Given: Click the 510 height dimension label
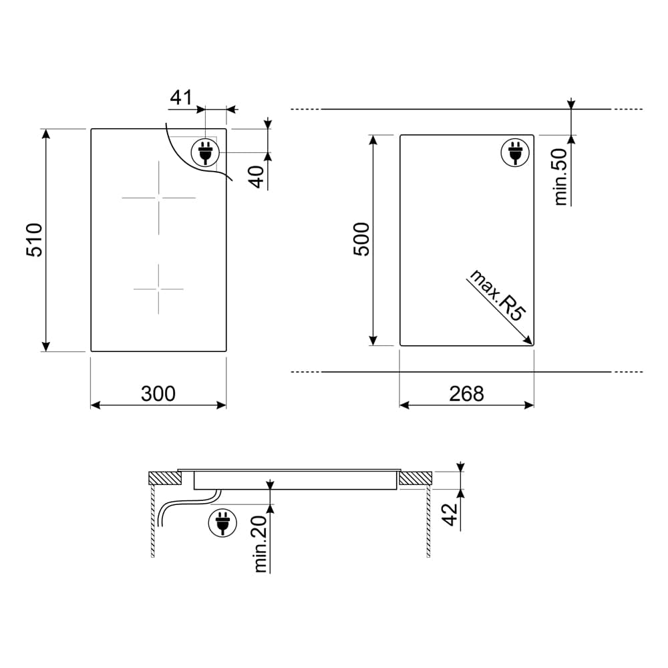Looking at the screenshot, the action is pyautogui.click(x=35, y=240).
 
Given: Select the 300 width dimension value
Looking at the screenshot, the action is pyautogui.click(x=158, y=393).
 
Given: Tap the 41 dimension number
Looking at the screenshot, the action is pyautogui.click(x=181, y=98).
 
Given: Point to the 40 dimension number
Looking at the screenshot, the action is pyautogui.click(x=257, y=177).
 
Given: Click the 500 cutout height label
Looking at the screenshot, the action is pyautogui.click(x=361, y=239).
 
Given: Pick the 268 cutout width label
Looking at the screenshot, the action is pyautogui.click(x=466, y=393).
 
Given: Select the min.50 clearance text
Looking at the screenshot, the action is pyautogui.click(x=561, y=177).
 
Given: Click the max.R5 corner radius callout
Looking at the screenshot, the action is pyautogui.click(x=498, y=295).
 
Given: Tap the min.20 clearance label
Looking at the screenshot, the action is pyautogui.click(x=261, y=544).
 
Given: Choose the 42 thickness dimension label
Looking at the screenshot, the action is pyautogui.click(x=450, y=514).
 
